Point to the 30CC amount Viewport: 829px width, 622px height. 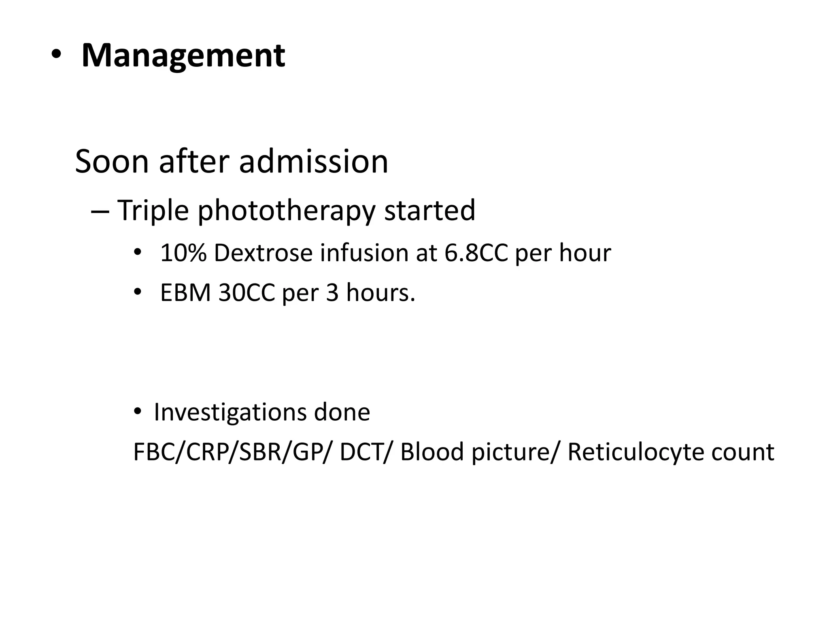click(x=246, y=292)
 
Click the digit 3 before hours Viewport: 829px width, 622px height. click(x=332, y=292)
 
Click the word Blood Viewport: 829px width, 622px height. click(x=432, y=452)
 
